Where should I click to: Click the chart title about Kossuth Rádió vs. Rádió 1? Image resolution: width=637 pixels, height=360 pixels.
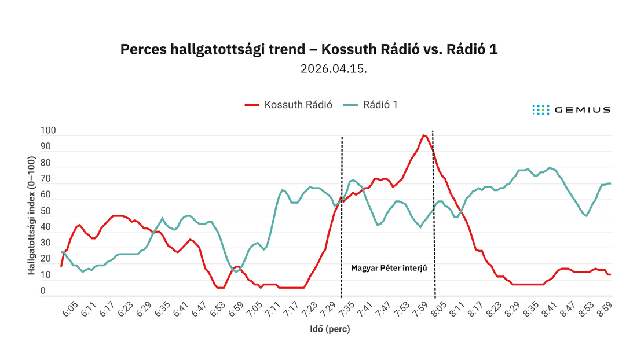[x=309, y=49]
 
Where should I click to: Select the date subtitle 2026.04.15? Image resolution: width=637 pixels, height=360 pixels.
[x=334, y=69]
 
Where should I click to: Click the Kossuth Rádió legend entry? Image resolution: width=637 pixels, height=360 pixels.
[x=288, y=105]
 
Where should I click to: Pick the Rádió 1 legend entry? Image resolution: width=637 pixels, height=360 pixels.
[x=371, y=105]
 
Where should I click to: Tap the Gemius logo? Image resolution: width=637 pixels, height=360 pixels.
[x=572, y=109]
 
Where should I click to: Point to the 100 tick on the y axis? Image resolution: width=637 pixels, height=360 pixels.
[x=48, y=130]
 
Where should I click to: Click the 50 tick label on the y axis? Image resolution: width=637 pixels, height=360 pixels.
[x=46, y=211]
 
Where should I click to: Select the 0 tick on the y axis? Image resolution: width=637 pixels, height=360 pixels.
[x=43, y=291]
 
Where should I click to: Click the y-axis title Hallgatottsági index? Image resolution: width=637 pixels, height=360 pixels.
[x=32, y=215]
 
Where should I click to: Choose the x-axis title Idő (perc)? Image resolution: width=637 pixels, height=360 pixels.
[x=330, y=329]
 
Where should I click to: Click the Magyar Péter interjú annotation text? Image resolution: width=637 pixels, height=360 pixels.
[x=389, y=268]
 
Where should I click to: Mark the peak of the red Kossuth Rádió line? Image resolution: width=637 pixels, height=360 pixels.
[x=423, y=135]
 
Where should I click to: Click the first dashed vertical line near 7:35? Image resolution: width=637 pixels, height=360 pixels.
[x=342, y=216]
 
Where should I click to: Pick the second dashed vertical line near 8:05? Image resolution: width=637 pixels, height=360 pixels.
[x=434, y=214]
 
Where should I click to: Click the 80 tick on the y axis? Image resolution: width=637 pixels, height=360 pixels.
[x=46, y=162]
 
